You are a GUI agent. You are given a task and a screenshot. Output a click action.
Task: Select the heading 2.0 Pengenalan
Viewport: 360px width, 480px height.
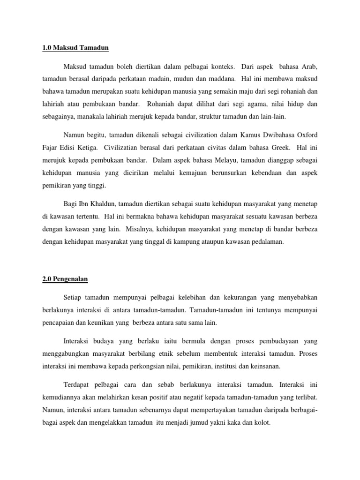64,279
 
